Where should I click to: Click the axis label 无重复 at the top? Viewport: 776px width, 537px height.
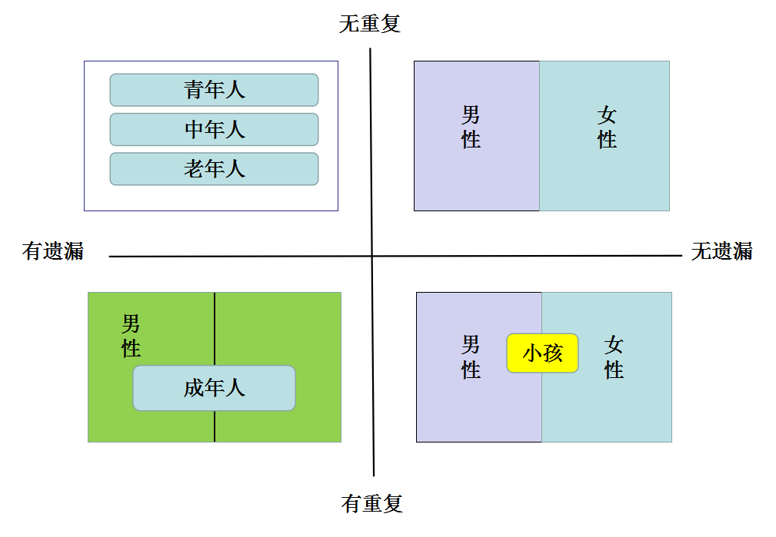[x=370, y=24]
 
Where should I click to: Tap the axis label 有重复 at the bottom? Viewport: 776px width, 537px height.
[x=371, y=504]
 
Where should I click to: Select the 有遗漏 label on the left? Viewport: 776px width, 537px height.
[x=53, y=251]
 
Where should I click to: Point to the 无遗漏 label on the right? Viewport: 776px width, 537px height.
[x=721, y=251]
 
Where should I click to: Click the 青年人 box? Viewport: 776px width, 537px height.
[x=214, y=90]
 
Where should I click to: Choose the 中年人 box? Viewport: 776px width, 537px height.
[x=214, y=130]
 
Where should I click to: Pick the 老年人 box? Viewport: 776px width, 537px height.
[x=214, y=169]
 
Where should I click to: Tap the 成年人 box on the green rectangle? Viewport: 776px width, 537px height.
[x=215, y=388]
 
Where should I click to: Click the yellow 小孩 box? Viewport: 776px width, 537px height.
[x=542, y=353]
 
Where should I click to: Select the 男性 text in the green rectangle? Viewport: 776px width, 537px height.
[x=132, y=336]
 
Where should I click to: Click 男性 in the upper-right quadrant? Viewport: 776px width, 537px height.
[x=471, y=127]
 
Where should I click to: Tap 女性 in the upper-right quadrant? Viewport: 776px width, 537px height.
[x=607, y=127]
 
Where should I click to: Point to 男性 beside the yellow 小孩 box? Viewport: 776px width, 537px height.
[x=471, y=357]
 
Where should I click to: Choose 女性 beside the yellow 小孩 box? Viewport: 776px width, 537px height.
[x=614, y=357]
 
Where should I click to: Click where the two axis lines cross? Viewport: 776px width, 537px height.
[x=371, y=256]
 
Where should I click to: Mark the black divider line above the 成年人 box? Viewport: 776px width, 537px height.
[x=215, y=329]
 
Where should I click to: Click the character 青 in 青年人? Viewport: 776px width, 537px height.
[x=194, y=90]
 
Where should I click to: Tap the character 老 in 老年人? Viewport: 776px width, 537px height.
[x=194, y=169]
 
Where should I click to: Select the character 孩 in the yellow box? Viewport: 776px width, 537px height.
[x=553, y=353]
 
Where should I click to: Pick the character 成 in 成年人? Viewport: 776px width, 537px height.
[x=194, y=388]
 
